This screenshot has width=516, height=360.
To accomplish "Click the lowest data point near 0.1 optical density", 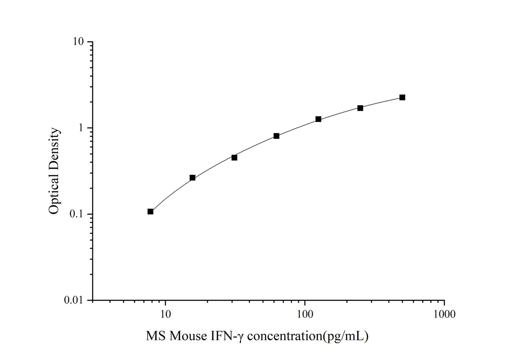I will point(150,211).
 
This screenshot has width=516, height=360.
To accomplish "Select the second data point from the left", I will point(192,177).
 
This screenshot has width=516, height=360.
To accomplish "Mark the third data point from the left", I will point(234,158).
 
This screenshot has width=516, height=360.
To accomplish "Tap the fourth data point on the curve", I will point(276,136).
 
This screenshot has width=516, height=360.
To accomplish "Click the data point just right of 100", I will point(318,119).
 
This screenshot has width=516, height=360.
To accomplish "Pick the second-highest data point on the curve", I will point(360,108).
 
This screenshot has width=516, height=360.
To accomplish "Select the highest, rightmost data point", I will point(402,98).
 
